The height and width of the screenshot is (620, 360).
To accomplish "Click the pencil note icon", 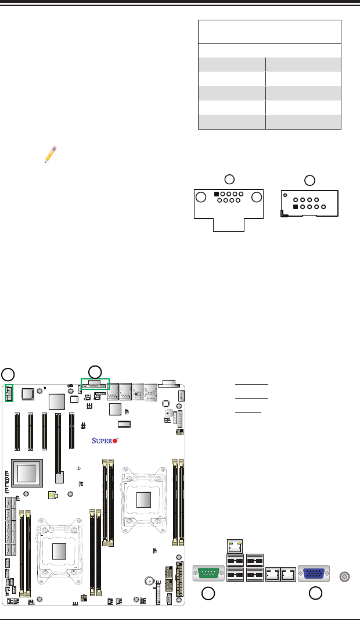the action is pos(50,154).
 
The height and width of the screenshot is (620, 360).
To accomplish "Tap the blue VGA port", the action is pos(313,574).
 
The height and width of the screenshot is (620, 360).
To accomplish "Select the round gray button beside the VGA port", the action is pos(344,576).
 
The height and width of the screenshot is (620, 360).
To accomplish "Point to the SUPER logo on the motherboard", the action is pos(105,441).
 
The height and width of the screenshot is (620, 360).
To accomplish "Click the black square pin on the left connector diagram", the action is pos(217,194).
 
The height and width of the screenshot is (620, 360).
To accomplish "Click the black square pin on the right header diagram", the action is pos(296,206).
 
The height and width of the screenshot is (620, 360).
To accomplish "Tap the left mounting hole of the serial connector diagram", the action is pos(201,198).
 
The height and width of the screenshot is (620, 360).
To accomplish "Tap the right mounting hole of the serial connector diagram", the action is pos(256,198).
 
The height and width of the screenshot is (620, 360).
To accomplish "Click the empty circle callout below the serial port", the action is pos(208,593).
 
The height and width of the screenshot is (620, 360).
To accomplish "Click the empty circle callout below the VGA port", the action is pos(315,593).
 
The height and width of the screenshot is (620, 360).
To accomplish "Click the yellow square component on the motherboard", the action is pos(53,495).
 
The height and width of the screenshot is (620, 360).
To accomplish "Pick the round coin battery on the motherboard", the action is pos(150,580).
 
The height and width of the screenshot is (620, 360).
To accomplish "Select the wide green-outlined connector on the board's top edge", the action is pos(95,385).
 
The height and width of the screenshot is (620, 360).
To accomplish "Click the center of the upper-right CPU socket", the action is pos(144,499).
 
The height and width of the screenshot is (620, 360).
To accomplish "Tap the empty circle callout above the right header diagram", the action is pos(310,180).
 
